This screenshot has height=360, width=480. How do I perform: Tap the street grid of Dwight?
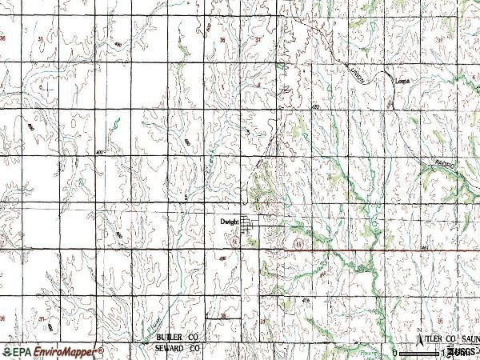(249, 226)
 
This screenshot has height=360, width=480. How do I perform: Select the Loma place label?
(402, 80)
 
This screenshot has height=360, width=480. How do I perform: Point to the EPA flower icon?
(7, 351)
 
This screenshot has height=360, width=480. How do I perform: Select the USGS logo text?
(461, 351)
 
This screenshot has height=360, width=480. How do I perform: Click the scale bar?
(420, 351)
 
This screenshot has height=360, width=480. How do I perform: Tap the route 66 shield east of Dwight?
(298, 242)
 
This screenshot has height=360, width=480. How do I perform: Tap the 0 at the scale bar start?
(395, 352)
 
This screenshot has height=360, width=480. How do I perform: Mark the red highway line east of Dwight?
(360, 250)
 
